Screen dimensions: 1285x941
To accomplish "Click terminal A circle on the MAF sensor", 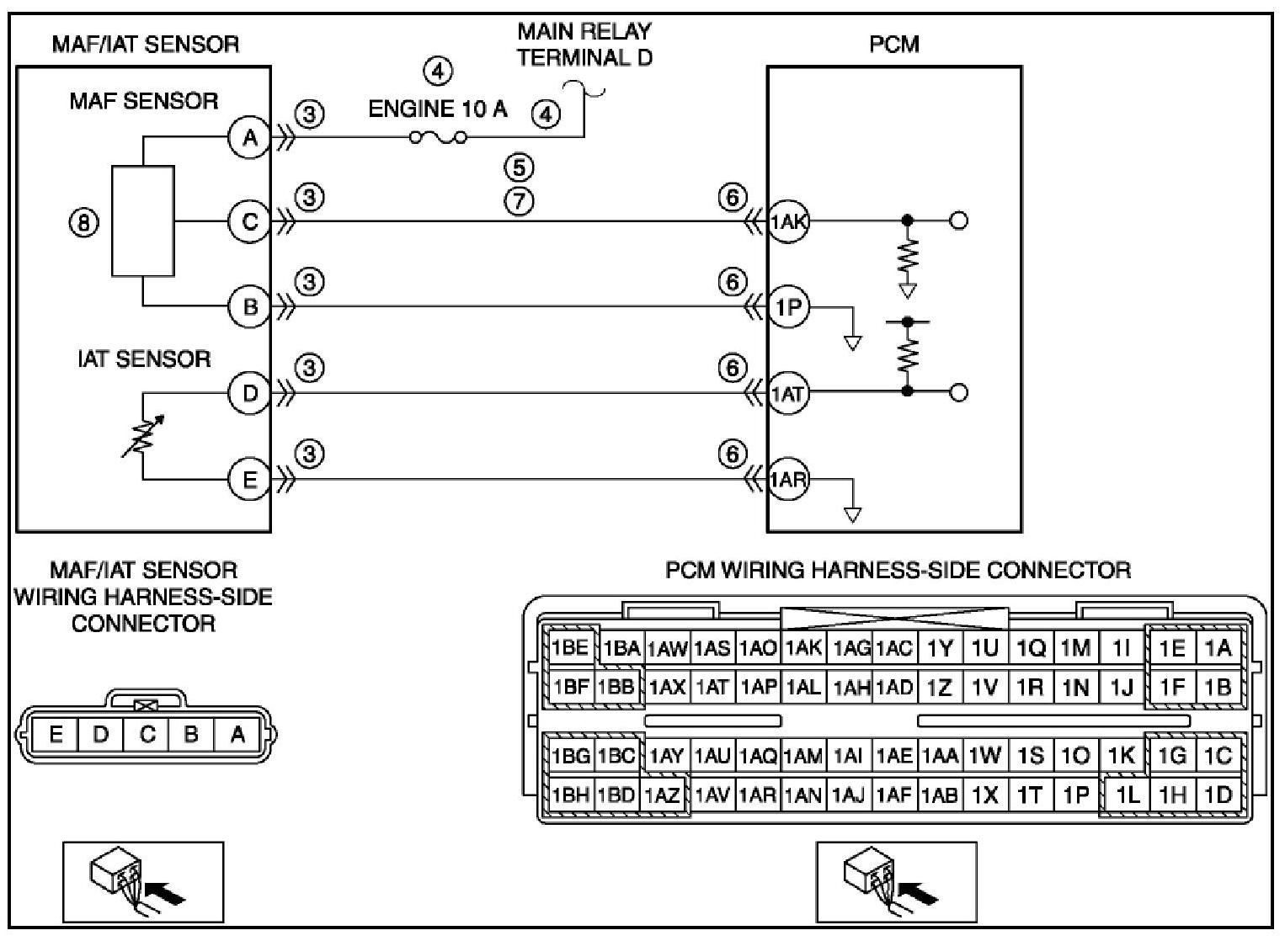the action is (x=249, y=138).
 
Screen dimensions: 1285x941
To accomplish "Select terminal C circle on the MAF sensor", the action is (x=249, y=222).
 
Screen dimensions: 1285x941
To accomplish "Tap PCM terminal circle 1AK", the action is (x=788, y=221).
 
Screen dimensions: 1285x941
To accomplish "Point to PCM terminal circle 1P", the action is (x=788, y=307).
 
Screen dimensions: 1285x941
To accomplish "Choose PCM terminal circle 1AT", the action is (x=788, y=393).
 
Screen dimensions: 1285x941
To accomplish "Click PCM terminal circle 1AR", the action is (x=788, y=480).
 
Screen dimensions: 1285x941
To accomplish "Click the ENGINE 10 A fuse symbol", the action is (x=438, y=138).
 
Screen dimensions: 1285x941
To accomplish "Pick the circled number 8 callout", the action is (x=83, y=222).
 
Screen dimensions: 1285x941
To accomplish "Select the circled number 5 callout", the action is (x=520, y=167).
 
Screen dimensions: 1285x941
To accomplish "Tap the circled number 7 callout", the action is (x=520, y=200).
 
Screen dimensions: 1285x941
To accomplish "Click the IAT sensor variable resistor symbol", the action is (x=143, y=437).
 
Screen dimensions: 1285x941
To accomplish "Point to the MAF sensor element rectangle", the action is (x=143, y=221).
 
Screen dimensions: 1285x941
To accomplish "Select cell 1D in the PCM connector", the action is (x=1218, y=795).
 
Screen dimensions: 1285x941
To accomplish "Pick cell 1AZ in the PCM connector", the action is (x=662, y=795).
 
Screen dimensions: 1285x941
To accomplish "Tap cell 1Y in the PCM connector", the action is (x=940, y=648).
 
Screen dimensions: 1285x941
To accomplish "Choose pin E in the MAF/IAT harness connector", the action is (x=56, y=734).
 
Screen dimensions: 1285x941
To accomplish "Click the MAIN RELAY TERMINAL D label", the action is (x=584, y=44).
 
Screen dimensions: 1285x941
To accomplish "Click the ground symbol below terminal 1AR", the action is (x=853, y=515).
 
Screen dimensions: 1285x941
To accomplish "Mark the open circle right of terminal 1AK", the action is (x=959, y=221).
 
